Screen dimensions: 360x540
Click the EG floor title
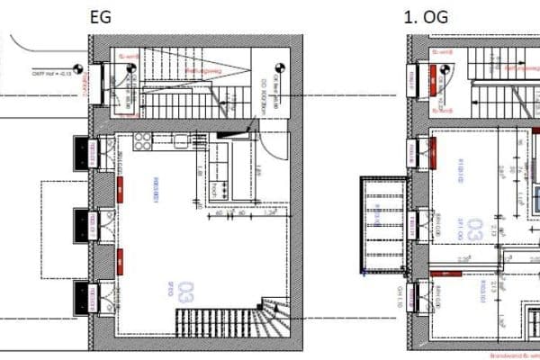tap(99, 17)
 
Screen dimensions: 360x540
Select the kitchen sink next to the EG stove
tap(181, 140)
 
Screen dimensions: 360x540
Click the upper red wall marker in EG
tap(119, 188)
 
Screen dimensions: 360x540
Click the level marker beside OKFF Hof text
tap(79, 68)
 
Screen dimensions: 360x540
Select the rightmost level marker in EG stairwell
tap(279, 68)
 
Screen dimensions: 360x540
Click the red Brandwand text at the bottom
tap(509, 356)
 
